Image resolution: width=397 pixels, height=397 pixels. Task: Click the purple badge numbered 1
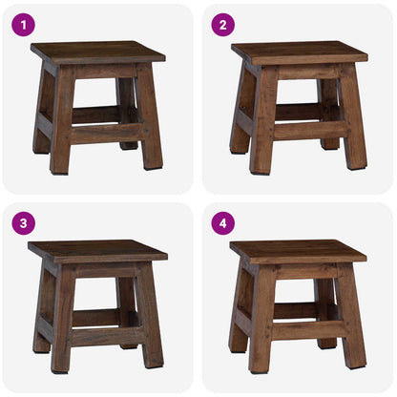[23, 24]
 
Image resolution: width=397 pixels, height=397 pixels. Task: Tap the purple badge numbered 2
[221, 24]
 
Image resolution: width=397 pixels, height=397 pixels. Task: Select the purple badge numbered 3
[23, 222]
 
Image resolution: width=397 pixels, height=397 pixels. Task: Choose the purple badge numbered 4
[221, 222]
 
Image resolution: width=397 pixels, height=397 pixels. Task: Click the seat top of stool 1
[97, 51]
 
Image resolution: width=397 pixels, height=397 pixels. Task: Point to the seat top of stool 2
[298, 51]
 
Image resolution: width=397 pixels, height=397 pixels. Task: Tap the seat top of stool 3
[97, 250]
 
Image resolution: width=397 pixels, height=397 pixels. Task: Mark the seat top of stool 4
[298, 250]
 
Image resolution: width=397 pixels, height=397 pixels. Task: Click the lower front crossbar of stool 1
[105, 133]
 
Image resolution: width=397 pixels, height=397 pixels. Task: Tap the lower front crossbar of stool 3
[105, 335]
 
